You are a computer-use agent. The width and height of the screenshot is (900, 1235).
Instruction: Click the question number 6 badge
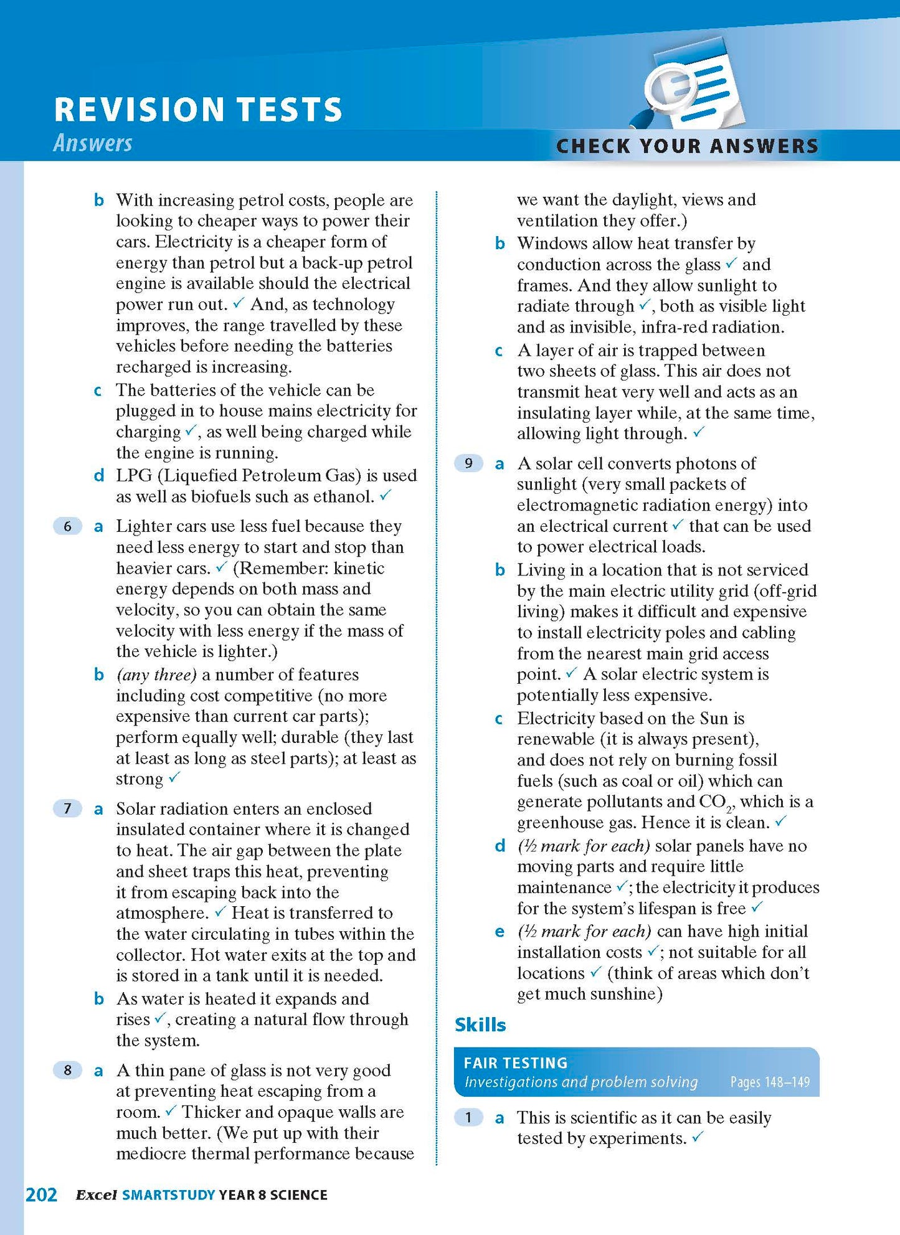click(68, 526)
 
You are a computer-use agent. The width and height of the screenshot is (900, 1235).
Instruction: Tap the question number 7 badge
click(68, 808)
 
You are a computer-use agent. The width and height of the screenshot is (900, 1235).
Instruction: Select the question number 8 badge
click(68, 1070)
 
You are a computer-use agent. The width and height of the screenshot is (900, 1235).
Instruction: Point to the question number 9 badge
click(468, 463)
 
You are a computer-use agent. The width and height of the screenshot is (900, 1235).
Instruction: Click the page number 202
click(41, 1195)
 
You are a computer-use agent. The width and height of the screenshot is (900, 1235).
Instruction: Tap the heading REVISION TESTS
click(198, 109)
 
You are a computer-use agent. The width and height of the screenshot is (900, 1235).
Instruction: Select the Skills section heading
click(480, 1024)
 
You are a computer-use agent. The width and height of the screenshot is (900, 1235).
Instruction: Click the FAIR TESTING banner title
click(516, 1062)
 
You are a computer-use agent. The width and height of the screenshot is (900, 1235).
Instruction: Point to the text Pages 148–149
click(770, 1082)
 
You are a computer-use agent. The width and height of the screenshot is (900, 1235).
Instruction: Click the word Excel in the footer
click(96, 1195)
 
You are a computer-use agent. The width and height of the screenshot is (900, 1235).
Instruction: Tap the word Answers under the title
click(93, 143)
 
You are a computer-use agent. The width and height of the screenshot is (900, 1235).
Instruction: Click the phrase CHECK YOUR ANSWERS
click(687, 146)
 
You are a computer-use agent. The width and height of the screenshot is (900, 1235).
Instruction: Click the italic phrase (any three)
click(156, 674)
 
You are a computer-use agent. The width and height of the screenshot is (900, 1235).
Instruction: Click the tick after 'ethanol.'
click(386, 495)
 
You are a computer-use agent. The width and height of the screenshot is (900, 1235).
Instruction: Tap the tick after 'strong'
click(174, 777)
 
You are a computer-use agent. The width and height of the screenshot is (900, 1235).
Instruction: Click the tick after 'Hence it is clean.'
click(780, 821)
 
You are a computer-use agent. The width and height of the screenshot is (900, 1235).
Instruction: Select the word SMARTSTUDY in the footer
click(169, 1195)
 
